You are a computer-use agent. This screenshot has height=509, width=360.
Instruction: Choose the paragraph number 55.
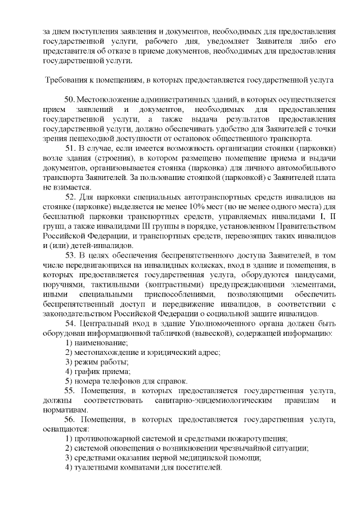70,390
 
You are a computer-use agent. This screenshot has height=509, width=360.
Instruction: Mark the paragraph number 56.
70,420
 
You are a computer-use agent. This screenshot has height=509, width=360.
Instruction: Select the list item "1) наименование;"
96,343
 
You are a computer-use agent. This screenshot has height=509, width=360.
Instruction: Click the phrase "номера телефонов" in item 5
106,381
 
